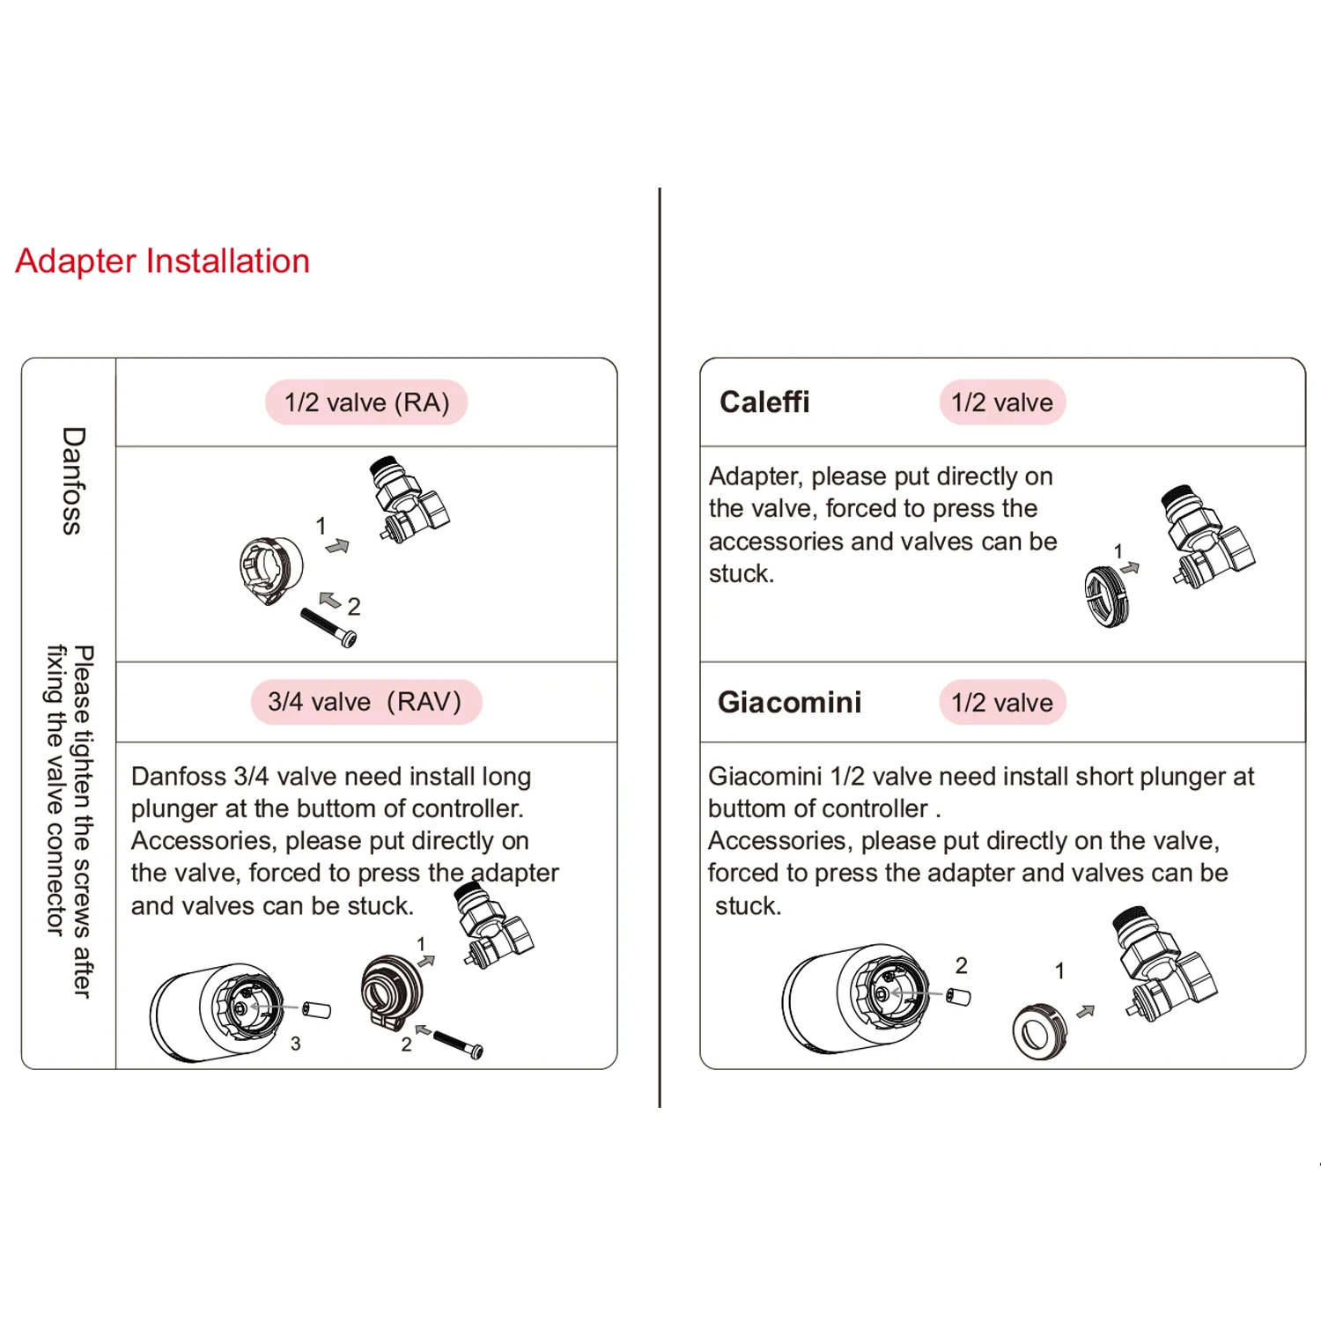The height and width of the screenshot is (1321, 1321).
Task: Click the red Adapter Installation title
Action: pyautogui.click(x=163, y=262)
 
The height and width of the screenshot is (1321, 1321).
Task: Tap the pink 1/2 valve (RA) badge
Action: pyautogui.click(x=366, y=402)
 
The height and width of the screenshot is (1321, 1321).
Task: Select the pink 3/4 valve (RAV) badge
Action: pyautogui.click(x=365, y=702)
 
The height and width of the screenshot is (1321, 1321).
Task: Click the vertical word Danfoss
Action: pyautogui.click(x=73, y=481)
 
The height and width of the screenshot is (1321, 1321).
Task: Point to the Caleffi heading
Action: pyautogui.click(x=764, y=402)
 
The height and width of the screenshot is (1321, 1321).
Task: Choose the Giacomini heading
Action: pyautogui.click(x=789, y=703)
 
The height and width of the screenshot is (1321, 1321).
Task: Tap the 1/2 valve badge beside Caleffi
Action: pyautogui.click(x=1002, y=402)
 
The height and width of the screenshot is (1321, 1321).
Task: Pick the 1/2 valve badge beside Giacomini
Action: pyautogui.click(x=1002, y=703)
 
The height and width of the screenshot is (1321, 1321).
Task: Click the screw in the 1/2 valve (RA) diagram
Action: pyautogui.click(x=328, y=627)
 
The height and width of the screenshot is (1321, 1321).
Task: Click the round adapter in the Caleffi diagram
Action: pyautogui.click(x=1106, y=597)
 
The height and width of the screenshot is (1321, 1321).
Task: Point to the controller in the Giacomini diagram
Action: pyautogui.click(x=854, y=997)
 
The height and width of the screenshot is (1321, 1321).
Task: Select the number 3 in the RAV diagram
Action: pyautogui.click(x=296, y=1044)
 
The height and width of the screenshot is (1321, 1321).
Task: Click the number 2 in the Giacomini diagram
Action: pyautogui.click(x=962, y=966)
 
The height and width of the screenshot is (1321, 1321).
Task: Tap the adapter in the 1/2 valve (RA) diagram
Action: pyautogui.click(x=271, y=570)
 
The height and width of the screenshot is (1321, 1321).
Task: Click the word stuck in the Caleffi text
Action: pyautogui.click(x=740, y=574)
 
